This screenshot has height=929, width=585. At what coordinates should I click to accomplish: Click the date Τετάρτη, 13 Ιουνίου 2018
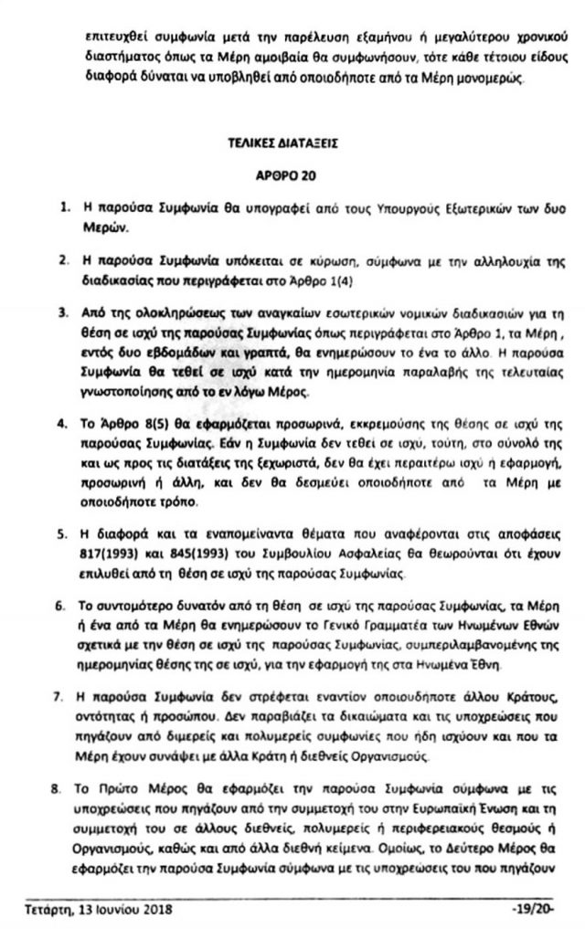(x=98, y=909)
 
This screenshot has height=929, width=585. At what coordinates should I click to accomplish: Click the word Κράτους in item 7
(x=507, y=696)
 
